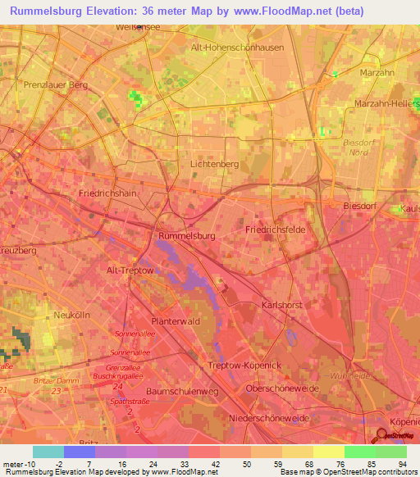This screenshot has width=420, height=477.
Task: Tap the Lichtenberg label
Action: (x=214, y=164)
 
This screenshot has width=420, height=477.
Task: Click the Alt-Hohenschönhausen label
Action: (x=237, y=48)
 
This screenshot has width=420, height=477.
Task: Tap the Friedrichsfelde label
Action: (x=275, y=230)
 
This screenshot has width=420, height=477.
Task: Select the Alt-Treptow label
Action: (x=130, y=270)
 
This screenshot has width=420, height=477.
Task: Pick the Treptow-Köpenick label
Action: (x=244, y=365)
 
